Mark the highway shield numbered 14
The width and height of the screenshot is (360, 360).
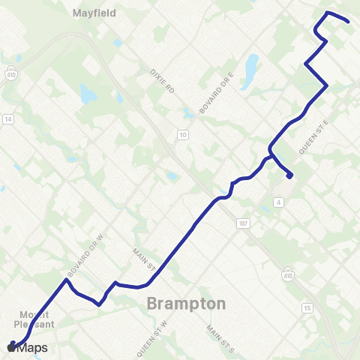pyautogui.click(x=8, y=118)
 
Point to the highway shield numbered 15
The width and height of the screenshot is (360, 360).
pyautogui.click(x=307, y=307)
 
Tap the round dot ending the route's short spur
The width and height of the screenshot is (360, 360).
pyautogui.click(x=289, y=177)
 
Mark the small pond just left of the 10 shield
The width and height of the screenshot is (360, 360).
pyautogui.click(x=172, y=177)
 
